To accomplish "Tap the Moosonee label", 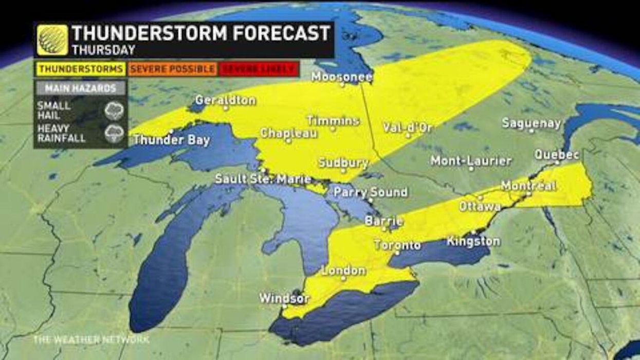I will pos(342,77).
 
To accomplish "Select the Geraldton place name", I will pos(225,100).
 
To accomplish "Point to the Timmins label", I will pos(333,121).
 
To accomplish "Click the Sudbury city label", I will pos(343,163).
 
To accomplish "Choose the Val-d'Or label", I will pos(408,128).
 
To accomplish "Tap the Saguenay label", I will pos(531,123).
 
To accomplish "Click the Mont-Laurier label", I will pos(471,160).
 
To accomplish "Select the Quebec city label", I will pos(557,154).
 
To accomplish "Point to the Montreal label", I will pos(528,186).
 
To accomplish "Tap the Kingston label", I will pos(473,241).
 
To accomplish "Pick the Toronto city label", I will pos(397,245).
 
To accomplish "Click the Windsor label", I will pos(284,298).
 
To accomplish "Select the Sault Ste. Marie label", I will pos(263,179).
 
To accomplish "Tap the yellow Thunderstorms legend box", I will pos(81,69).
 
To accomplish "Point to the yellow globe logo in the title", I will pos(52,40).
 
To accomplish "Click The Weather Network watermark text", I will pos(91,340).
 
